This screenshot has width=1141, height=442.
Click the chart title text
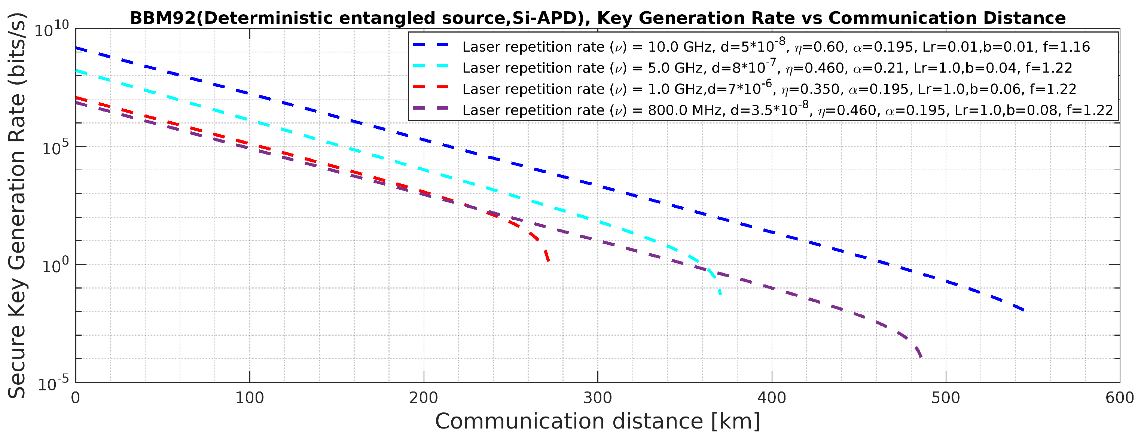pos(598,18)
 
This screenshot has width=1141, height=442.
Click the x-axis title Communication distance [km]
pos(598,421)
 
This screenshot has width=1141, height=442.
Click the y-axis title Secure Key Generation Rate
pos(17,206)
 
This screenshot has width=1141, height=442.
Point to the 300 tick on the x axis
pos(598,398)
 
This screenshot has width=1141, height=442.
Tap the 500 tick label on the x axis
pos(945,398)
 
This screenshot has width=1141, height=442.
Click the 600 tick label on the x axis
pos(1119,398)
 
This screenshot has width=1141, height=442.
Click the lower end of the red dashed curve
pos(548,261)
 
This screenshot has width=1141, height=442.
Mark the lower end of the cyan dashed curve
pos(720,294)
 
